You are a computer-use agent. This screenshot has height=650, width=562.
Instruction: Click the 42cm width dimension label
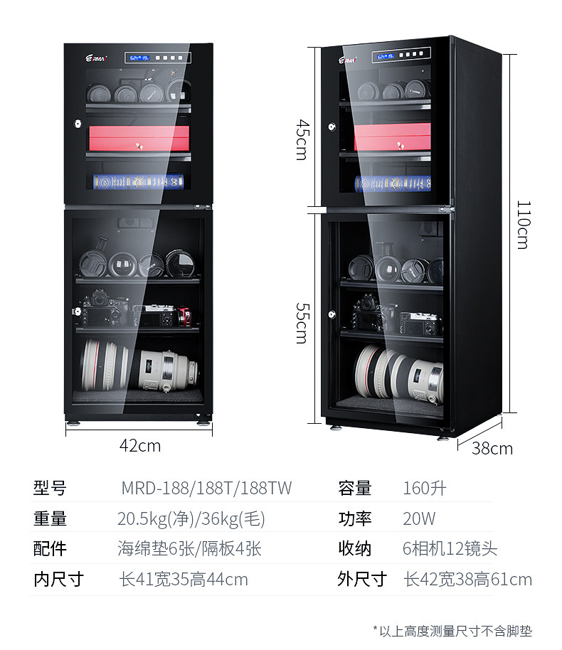point(139,446)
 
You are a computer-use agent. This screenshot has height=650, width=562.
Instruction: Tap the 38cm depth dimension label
point(492,448)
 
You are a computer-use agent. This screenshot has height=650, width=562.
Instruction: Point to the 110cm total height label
point(523,224)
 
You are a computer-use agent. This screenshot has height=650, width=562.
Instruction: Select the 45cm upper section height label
point(302,139)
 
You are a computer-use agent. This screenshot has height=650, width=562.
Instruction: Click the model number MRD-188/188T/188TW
point(206,489)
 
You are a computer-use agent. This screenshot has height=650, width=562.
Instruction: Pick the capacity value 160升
point(425,489)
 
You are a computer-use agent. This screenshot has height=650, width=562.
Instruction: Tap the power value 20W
point(419,518)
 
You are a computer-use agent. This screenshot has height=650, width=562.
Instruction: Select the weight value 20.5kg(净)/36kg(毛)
point(191,518)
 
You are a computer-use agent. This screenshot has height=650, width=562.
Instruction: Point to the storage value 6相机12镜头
point(450,549)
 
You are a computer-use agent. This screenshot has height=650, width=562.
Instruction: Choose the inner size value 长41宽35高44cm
point(184,580)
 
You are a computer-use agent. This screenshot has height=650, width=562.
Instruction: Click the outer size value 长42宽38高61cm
point(467,580)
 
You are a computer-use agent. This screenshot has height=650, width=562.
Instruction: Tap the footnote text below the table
point(452,630)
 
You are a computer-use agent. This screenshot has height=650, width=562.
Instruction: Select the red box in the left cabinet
point(139,139)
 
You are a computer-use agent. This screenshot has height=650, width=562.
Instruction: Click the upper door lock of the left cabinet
point(76,124)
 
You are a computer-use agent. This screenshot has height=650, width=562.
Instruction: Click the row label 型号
point(50,489)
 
